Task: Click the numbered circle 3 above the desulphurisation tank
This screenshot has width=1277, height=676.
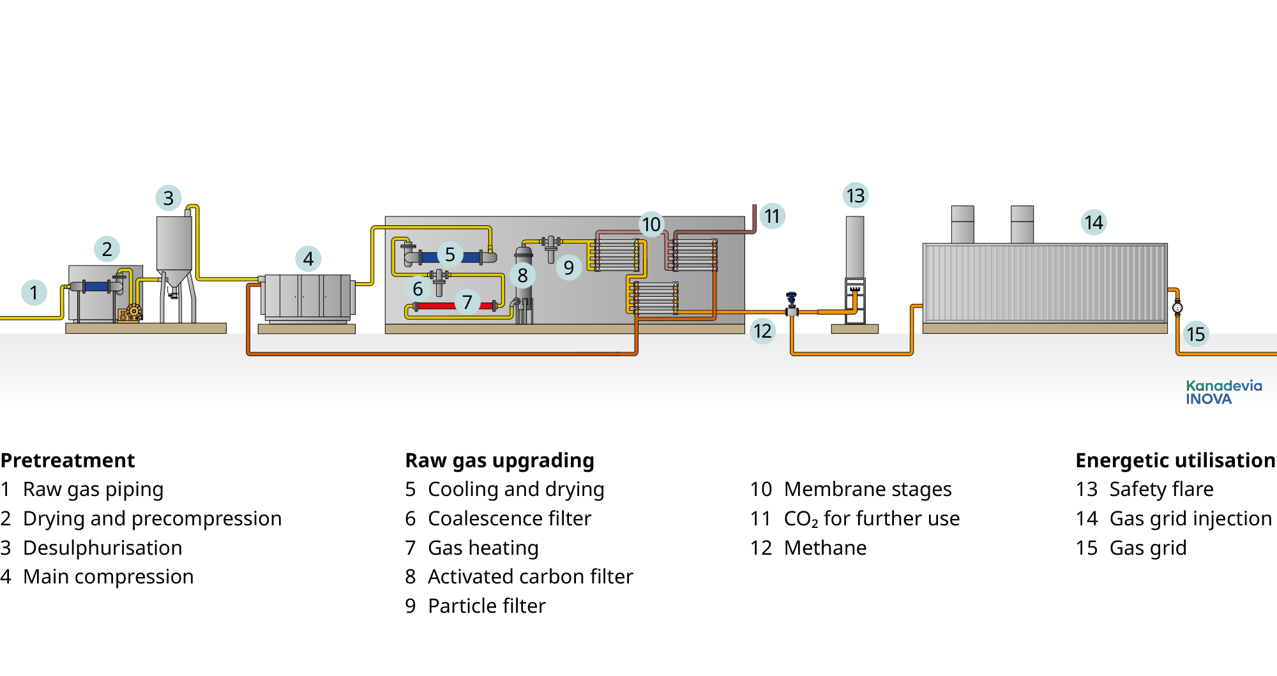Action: click(169, 198)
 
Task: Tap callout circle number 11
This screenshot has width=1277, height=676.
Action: click(773, 216)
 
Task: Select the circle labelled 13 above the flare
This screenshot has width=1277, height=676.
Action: click(856, 195)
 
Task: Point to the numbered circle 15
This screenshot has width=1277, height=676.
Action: click(1196, 334)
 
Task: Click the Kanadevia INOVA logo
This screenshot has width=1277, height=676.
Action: click(1223, 393)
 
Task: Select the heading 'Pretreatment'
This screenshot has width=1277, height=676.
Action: click(68, 460)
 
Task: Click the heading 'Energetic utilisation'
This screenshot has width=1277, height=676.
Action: click(1175, 460)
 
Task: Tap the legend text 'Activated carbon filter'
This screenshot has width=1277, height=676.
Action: click(530, 576)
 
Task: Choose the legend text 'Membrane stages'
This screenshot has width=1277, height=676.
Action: click(867, 489)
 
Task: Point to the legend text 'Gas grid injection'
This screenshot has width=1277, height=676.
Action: click(1190, 518)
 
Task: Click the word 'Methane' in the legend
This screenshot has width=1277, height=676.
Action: click(825, 548)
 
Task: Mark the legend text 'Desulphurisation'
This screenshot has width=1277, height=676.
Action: click(102, 548)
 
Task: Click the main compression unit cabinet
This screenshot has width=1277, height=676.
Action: click(307, 296)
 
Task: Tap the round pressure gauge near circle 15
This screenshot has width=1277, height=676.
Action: click(1177, 308)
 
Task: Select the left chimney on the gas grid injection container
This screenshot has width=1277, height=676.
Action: click(962, 224)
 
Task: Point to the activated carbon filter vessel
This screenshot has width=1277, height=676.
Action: click(524, 287)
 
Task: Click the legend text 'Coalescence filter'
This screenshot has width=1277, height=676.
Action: click(509, 518)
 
